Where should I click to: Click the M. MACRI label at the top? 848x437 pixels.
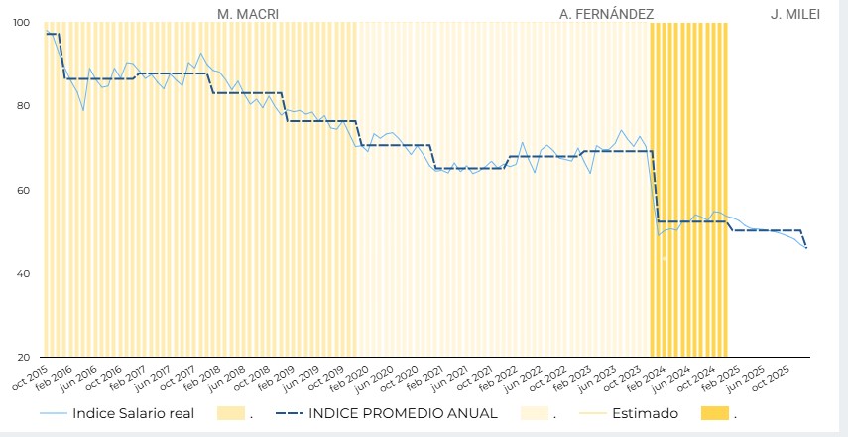tap(248, 14)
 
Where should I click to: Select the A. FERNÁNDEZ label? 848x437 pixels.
tap(606, 14)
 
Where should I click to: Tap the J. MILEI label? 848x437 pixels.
tap(795, 14)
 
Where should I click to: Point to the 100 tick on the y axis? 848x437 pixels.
tap(22, 22)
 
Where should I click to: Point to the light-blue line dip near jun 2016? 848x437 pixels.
tap(83, 110)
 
